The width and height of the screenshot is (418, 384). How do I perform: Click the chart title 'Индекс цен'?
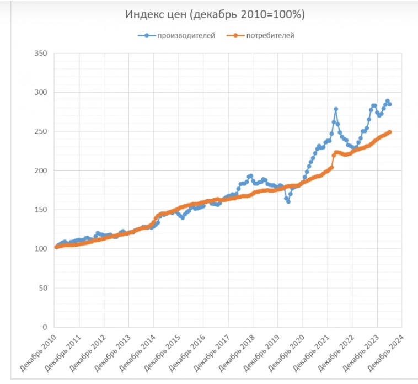tap(215, 15)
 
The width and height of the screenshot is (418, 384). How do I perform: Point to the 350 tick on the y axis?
tap(40, 54)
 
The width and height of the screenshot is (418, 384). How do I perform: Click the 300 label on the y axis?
tap(40, 93)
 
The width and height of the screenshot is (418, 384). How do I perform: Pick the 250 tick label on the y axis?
tap(40, 132)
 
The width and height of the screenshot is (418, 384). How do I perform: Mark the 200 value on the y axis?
tap(40, 171)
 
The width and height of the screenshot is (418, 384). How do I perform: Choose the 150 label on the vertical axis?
tap(40, 210)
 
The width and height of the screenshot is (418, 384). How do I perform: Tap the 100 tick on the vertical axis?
tap(40, 249)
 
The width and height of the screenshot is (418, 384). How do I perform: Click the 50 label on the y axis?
tap(42, 288)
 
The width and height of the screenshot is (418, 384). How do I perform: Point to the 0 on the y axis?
tap(45, 327)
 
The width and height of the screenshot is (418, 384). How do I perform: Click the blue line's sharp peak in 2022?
tap(335, 109)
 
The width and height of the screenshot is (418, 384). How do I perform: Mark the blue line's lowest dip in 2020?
tap(288, 201)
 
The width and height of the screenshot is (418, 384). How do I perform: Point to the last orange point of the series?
tap(390, 132)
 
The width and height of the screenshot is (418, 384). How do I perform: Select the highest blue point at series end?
tap(387, 101)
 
